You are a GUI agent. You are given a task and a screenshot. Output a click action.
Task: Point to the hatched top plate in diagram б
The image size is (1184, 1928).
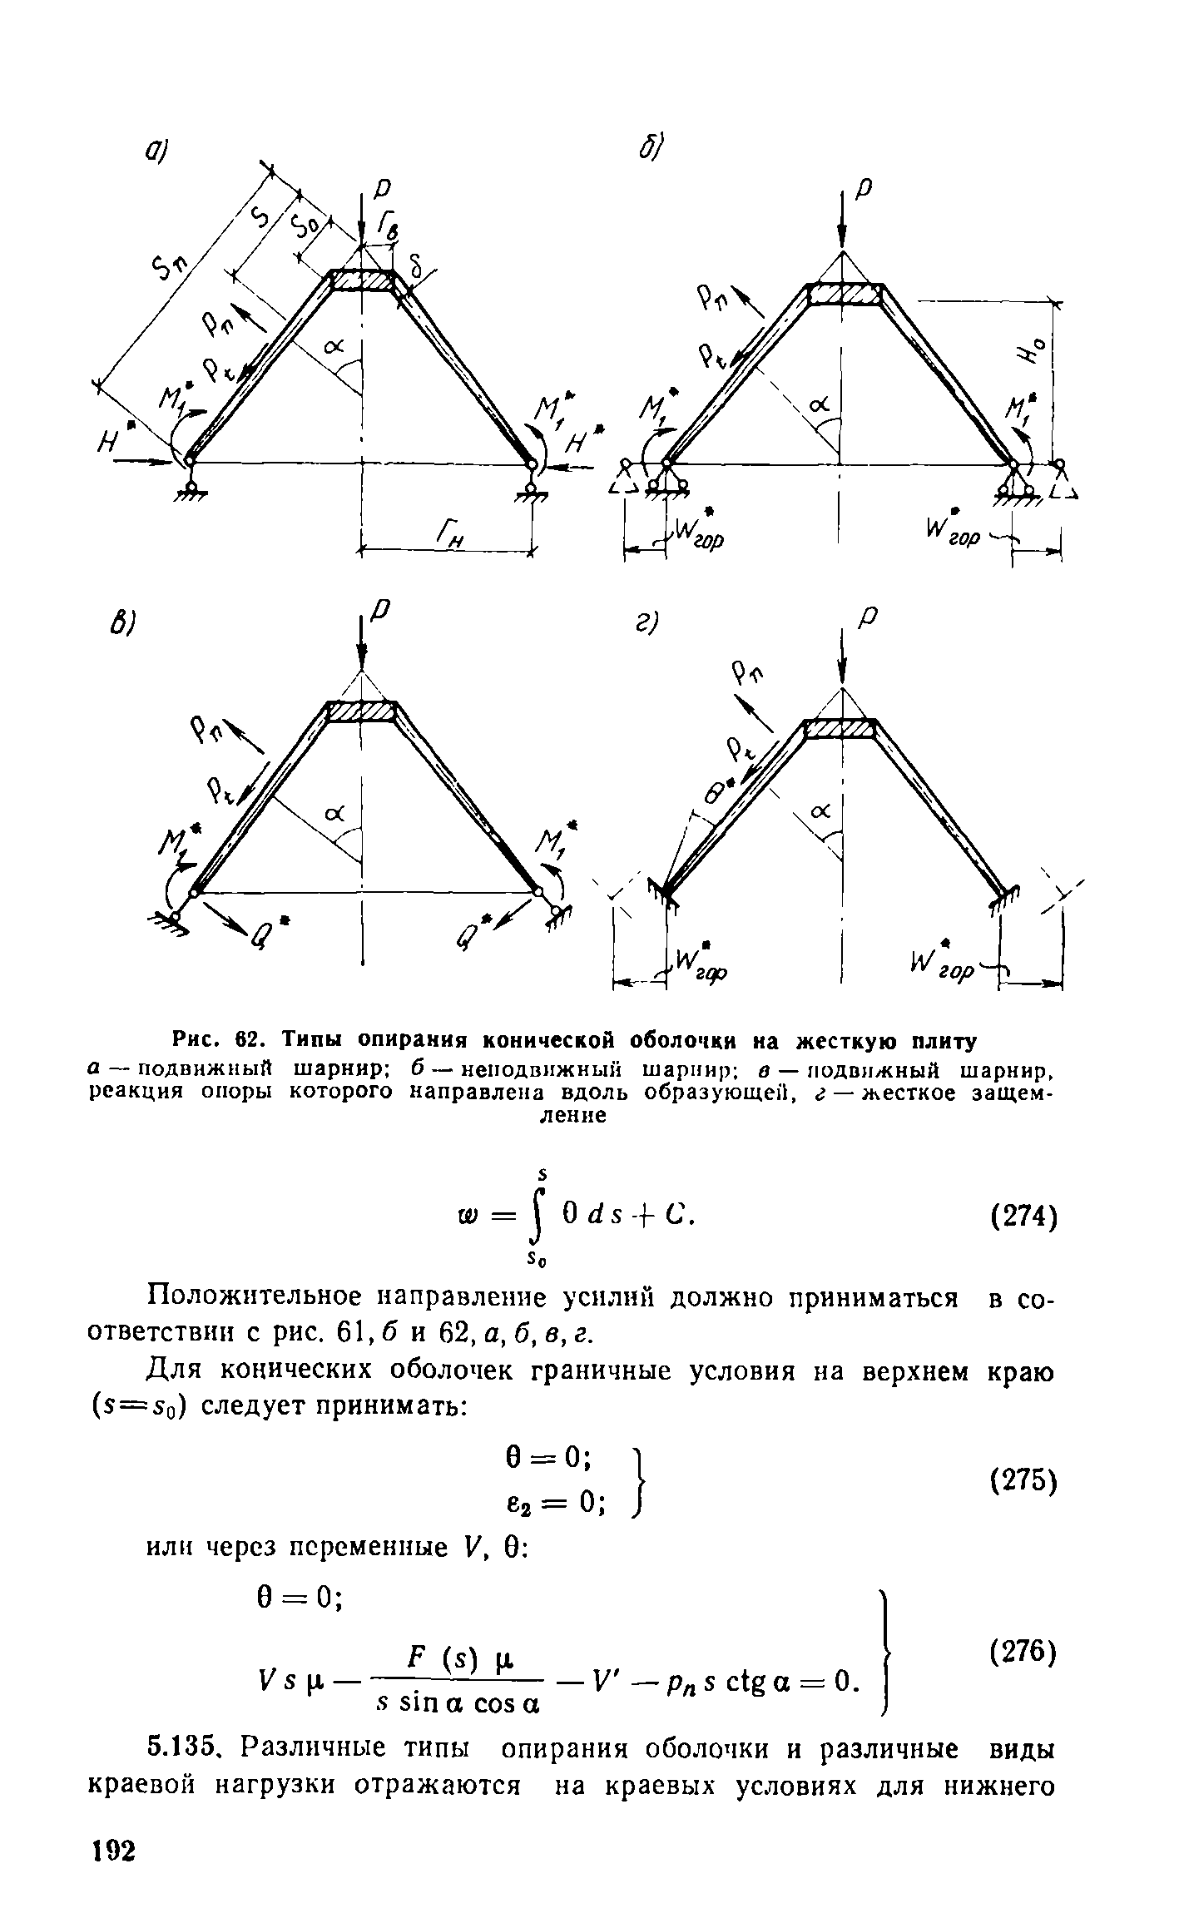point(845,295)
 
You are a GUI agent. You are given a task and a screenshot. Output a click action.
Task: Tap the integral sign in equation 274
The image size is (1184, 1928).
point(542,1221)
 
